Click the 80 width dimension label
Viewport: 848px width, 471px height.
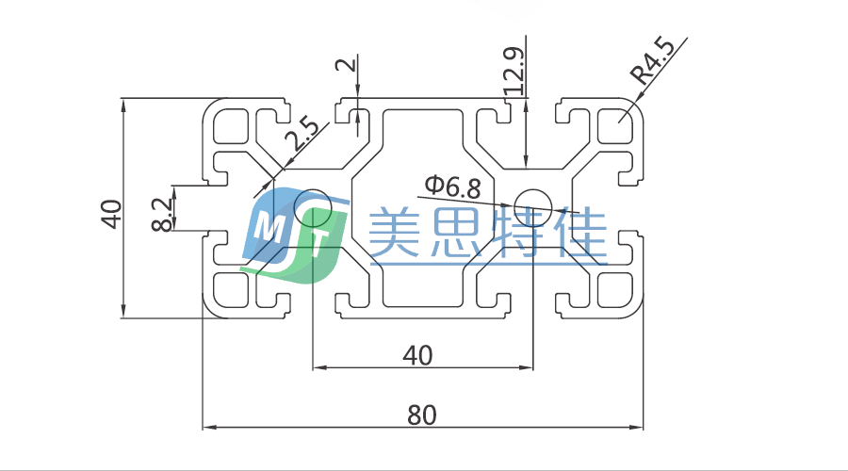(x=422, y=414)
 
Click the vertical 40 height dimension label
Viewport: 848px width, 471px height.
(x=111, y=214)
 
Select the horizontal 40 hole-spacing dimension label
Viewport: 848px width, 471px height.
(x=417, y=355)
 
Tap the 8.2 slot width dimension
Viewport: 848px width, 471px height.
(x=162, y=213)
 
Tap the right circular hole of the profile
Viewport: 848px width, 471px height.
(x=534, y=203)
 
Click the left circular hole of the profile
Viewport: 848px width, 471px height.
(x=312, y=204)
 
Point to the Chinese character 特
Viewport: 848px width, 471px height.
(x=514, y=234)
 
